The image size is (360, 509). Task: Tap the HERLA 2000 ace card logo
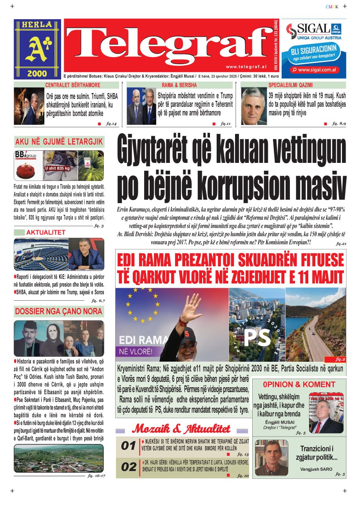click(x=38, y=49)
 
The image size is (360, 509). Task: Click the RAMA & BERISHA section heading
click(x=179, y=85)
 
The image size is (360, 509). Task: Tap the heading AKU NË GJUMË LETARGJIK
click(x=59, y=142)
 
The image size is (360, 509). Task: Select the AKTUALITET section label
click(x=45, y=233)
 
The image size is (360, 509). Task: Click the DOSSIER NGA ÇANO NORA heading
click(x=59, y=312)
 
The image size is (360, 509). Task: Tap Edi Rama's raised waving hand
click(x=193, y=307)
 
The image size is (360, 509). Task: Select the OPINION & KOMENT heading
click(x=299, y=384)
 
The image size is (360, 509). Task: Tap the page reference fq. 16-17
click(x=96, y=476)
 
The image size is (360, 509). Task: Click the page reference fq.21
click(x=341, y=244)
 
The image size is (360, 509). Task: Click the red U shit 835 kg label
click(x=57, y=168)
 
